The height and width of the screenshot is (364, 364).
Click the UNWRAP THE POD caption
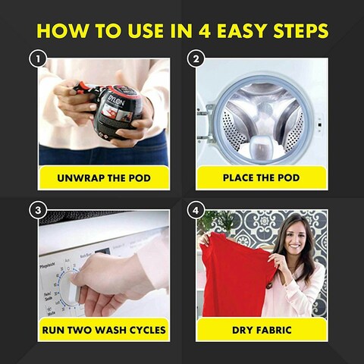[x=104, y=178]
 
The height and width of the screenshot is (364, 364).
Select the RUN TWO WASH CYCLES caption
[x=104, y=330]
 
